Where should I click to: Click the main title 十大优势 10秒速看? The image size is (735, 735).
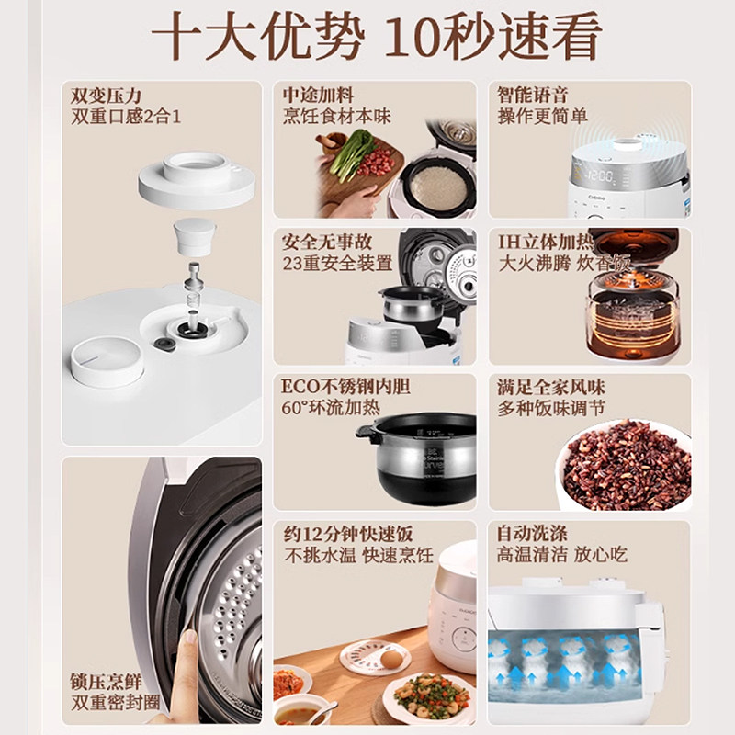pyautogui.click(x=376, y=37)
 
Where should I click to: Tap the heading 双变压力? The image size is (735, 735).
pyautogui.click(x=106, y=96)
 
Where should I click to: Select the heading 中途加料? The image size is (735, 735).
pyautogui.click(x=318, y=96)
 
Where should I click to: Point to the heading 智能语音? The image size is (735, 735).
pyautogui.click(x=532, y=95)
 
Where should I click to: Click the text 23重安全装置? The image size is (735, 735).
pyautogui.click(x=337, y=263)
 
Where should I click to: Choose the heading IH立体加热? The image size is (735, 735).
pyautogui.click(x=545, y=242)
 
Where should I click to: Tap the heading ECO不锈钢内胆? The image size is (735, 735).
pyautogui.click(x=345, y=387)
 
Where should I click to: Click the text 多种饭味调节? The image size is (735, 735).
pyautogui.click(x=550, y=408)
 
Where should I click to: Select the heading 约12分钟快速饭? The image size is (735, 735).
pyautogui.click(x=348, y=534)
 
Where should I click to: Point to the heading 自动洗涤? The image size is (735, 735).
pyautogui.click(x=532, y=534)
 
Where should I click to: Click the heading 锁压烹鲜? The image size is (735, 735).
pyautogui.click(x=106, y=682)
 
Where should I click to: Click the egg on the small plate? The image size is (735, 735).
pyautogui.click(x=391, y=660)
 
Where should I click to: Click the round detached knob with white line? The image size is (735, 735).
pyautogui.click(x=107, y=362)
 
